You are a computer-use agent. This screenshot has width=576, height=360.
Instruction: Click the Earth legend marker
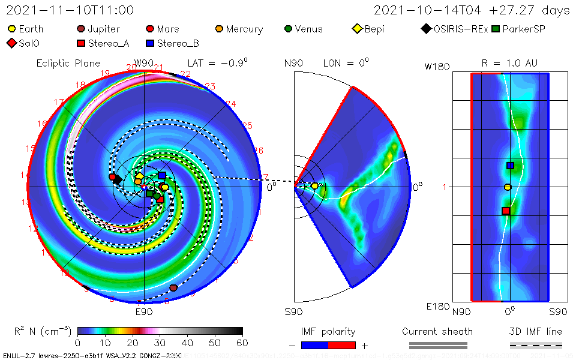(x=12, y=29)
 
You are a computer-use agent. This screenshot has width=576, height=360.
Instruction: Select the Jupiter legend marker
(x=81, y=29)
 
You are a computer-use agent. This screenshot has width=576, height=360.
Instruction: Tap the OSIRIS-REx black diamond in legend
(x=426, y=29)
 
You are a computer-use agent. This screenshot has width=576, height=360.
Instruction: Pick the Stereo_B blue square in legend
(x=150, y=43)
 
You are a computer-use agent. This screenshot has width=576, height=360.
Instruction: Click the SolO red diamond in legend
(x=10, y=43)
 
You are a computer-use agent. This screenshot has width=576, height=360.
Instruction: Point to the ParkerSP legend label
(x=524, y=29)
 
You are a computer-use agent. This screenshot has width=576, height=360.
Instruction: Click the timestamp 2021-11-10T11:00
(x=70, y=10)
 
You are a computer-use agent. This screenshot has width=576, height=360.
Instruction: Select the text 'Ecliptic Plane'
(x=68, y=63)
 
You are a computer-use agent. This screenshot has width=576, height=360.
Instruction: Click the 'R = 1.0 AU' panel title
(x=509, y=63)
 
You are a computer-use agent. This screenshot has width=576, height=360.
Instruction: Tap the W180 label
(x=437, y=67)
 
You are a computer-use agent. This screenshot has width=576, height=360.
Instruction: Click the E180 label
(x=437, y=307)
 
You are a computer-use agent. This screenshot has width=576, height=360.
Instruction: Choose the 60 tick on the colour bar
(x=242, y=343)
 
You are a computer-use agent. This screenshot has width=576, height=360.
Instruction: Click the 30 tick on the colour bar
(x=160, y=343)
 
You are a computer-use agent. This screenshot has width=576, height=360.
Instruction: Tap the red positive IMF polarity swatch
(x=342, y=345)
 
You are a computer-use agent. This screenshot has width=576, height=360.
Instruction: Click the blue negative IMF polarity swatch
(x=314, y=345)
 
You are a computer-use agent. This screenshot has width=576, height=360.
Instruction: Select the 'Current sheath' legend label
(x=437, y=331)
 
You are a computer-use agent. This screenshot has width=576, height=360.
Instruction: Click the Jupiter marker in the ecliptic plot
(x=173, y=288)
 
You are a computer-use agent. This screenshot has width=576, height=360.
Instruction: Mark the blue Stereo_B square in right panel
(x=510, y=166)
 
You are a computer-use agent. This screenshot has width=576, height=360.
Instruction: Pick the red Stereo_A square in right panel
(x=506, y=211)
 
